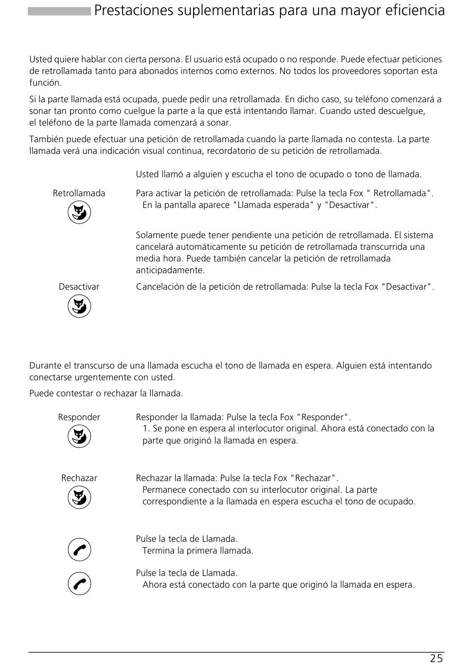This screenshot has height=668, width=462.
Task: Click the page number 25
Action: coord(436,659)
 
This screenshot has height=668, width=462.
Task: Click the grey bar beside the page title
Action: coord(59,11)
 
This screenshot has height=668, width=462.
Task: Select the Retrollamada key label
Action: coord(79,193)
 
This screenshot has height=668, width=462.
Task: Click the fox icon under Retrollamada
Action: coord(79,212)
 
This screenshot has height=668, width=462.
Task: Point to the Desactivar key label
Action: coord(79,287)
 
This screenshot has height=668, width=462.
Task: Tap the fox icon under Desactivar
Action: coord(79,306)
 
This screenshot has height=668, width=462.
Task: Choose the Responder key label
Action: coord(79,417)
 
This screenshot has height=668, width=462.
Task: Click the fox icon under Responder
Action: coord(79,436)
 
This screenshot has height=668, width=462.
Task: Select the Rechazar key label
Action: coord(79,478)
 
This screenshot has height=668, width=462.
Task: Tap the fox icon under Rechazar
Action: coord(79,497)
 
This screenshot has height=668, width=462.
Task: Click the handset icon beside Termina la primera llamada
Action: coord(79,550)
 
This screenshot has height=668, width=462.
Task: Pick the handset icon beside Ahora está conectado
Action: coord(79,584)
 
